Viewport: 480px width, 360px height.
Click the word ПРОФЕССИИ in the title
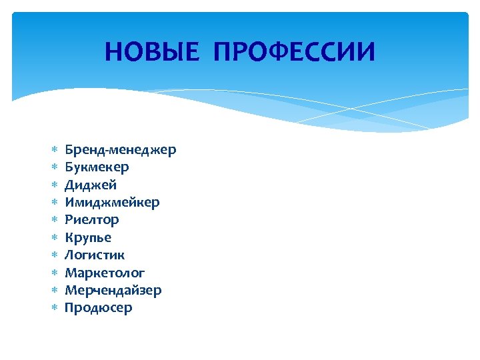[x=294, y=51]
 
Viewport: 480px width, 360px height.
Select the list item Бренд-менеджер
[x=120, y=149]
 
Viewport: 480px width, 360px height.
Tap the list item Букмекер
[x=97, y=167]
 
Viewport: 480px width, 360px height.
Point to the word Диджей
[x=91, y=185]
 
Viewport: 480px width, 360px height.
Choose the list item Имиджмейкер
[x=112, y=202]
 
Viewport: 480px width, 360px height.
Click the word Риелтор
[x=91, y=219]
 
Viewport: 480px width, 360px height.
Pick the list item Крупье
[x=88, y=237]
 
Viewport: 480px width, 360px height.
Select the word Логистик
[x=95, y=255]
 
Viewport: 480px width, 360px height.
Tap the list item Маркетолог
[x=105, y=273]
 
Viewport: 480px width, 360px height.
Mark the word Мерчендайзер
[x=113, y=290]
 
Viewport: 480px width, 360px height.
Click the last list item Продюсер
[x=98, y=308]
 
